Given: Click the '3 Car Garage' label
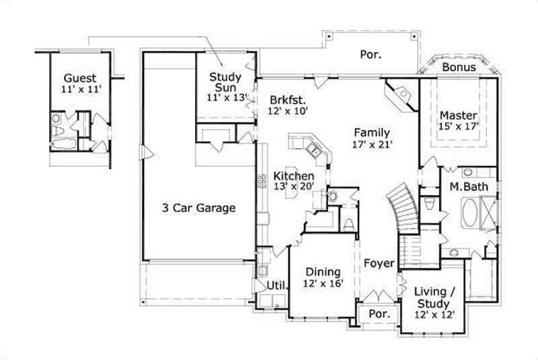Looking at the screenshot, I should (x=198, y=208).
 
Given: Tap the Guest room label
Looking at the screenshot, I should (x=79, y=78).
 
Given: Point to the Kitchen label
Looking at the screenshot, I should (x=294, y=176).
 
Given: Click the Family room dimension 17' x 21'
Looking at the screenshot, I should (x=371, y=144).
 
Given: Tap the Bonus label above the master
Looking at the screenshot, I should (x=459, y=67).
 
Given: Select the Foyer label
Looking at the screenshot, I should (x=379, y=263).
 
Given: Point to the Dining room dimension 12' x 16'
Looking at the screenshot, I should (x=323, y=284).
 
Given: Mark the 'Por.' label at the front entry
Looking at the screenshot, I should (x=380, y=314).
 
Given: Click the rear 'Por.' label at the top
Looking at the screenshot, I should (x=370, y=55).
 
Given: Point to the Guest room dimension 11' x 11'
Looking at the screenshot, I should (x=79, y=89).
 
